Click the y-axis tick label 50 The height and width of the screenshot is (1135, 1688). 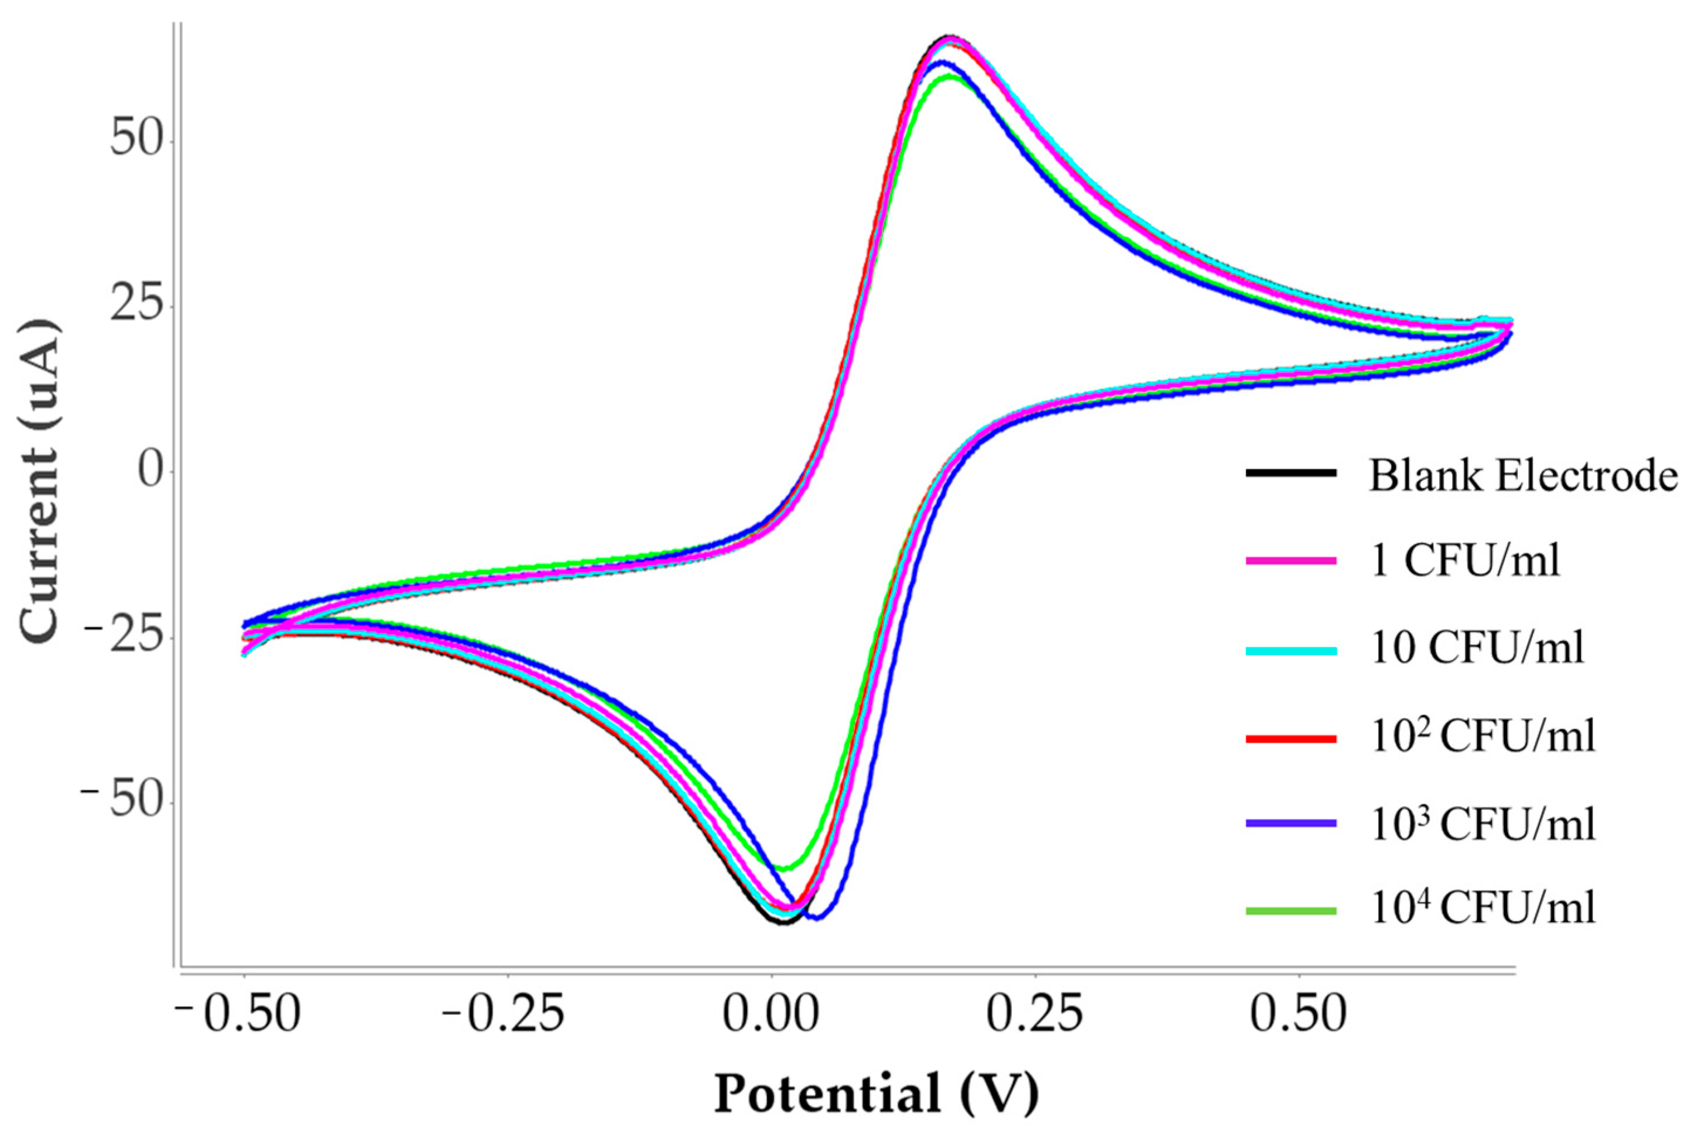point(135,140)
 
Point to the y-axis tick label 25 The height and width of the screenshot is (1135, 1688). point(135,306)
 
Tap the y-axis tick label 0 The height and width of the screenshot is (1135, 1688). point(149,471)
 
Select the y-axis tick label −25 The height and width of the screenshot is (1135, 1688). point(122,637)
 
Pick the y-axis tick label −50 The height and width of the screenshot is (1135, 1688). point(122,802)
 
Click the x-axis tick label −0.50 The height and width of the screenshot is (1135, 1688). point(238,1013)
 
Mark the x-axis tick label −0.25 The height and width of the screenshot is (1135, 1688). point(503,1013)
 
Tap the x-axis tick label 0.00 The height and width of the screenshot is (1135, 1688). point(772,1013)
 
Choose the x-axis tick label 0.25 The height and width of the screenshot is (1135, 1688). point(1035,1013)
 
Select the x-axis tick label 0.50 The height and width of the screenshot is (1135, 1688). point(1299,1013)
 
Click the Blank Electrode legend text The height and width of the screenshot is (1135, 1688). point(1523,477)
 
